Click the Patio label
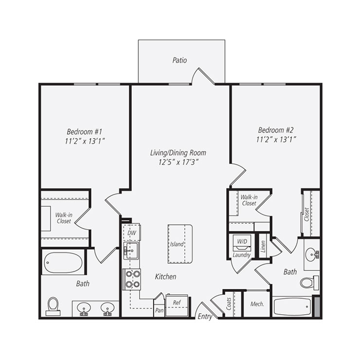point(180,60)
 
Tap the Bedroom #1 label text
point(84,131)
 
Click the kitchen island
point(177,243)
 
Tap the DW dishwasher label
point(131,234)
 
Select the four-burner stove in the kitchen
point(131,279)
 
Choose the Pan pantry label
point(159,309)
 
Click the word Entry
point(204,316)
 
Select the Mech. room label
point(257,304)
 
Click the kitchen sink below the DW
point(131,251)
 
